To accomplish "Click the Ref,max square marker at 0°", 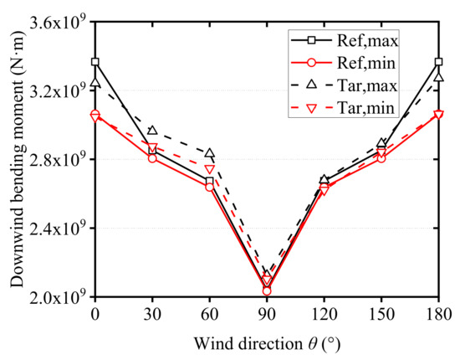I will pyautogui.click(x=95, y=62).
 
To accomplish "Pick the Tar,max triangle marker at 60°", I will pyautogui.click(x=209, y=153).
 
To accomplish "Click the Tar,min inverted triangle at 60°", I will pyautogui.click(x=209, y=169).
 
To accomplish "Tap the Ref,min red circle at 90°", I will pyautogui.click(x=267, y=291).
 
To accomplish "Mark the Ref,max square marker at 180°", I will pyautogui.click(x=438, y=62).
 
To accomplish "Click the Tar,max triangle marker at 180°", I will pyautogui.click(x=438, y=78).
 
